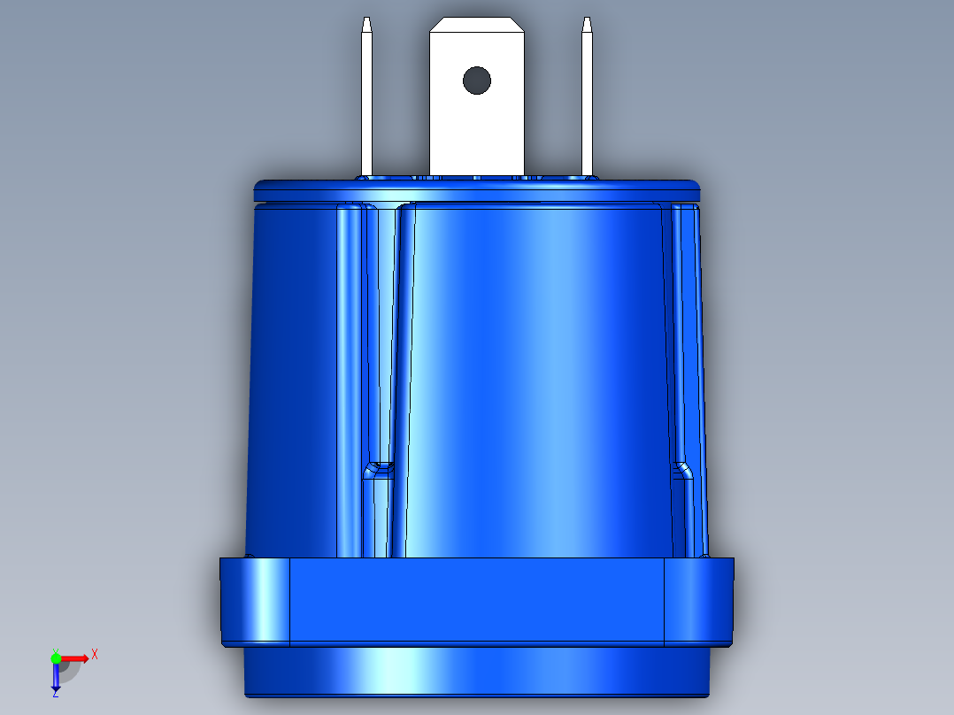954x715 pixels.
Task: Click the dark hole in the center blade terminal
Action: coord(476,81)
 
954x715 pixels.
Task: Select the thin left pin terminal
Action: coord(366,106)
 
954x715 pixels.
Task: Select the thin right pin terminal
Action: coord(586,106)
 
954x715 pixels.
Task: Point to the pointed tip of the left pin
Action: coord(366,22)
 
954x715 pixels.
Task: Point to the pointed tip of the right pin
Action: coord(586,22)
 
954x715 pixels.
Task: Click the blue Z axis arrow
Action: coord(56,678)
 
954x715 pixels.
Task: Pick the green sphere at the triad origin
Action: coord(56,657)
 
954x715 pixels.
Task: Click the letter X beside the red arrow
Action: coord(95,654)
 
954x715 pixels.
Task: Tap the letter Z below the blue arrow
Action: coord(56,694)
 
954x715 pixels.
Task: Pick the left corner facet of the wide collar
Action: coord(255,600)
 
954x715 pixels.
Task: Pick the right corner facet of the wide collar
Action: coord(699,600)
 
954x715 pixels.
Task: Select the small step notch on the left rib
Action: coord(380,467)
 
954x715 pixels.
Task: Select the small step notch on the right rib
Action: coord(682,467)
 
